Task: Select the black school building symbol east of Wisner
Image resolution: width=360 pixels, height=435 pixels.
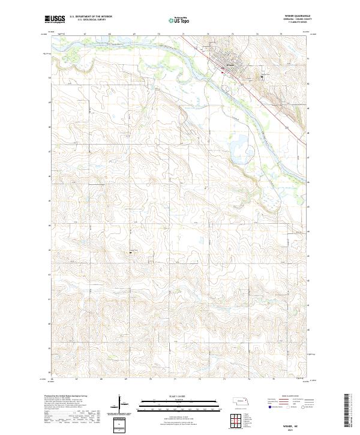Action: point(262,76)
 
